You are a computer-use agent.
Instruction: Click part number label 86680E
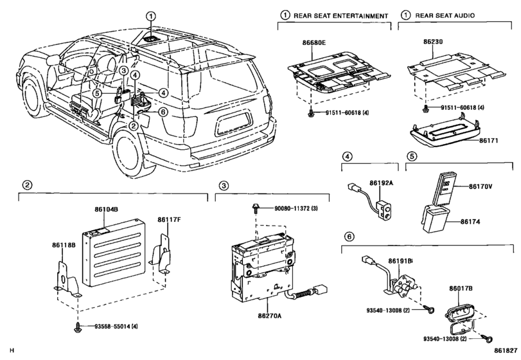(314, 42)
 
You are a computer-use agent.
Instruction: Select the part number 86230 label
(433, 42)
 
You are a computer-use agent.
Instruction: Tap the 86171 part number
(488, 141)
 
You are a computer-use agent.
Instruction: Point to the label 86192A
(381, 183)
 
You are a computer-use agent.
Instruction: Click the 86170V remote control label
(481, 186)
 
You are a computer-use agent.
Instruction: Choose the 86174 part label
(470, 221)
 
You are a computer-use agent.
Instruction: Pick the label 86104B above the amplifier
(107, 210)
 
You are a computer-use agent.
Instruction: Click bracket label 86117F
(169, 220)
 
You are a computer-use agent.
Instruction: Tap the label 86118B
(64, 245)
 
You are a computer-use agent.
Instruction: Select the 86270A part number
(269, 316)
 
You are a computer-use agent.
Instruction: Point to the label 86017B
(461, 289)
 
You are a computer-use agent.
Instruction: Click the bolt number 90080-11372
(292, 208)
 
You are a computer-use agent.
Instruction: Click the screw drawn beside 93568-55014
(78, 327)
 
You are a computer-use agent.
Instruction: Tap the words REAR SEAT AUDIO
(445, 15)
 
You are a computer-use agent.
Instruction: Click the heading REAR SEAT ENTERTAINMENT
(341, 15)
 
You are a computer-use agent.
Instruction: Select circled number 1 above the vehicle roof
(151, 16)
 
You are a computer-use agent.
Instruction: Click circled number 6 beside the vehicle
(163, 113)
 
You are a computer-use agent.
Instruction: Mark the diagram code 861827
(506, 350)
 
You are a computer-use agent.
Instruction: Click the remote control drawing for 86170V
(445, 185)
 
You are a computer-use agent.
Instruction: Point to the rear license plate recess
(233, 124)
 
